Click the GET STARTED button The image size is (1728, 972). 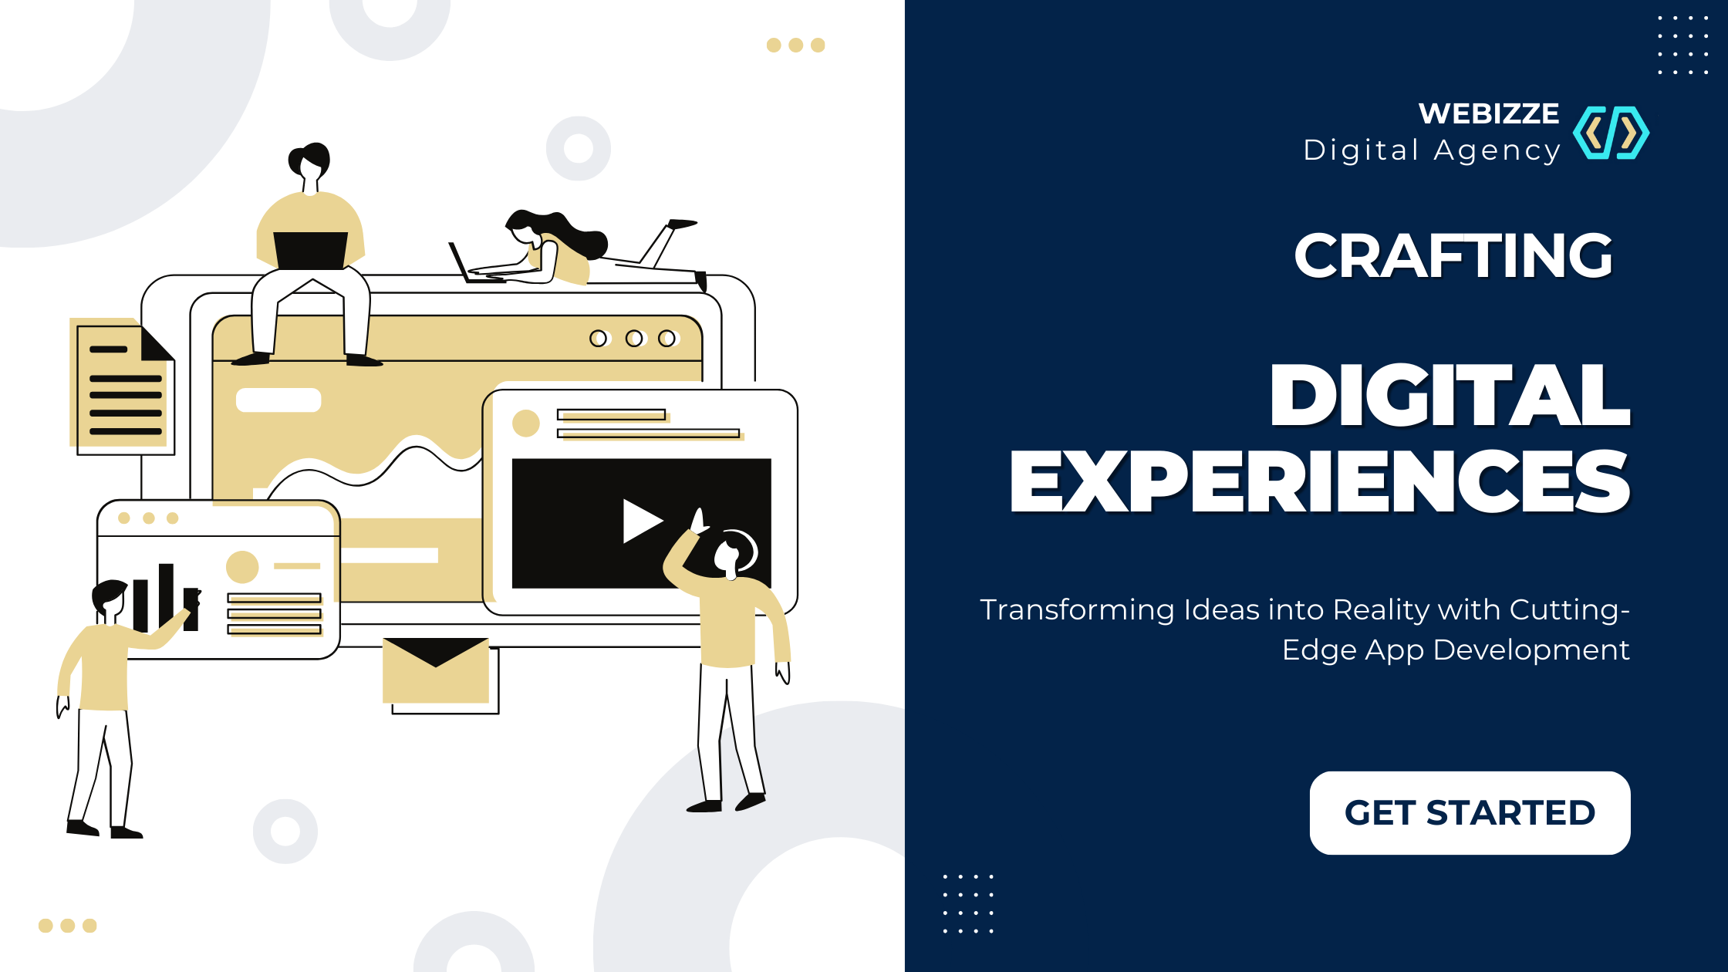[x=1470, y=812]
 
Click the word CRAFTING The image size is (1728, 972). [x=1453, y=255]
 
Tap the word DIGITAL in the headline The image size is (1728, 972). [x=1450, y=395]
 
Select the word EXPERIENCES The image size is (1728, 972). [x=1320, y=482]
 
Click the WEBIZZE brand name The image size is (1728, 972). [x=1489, y=113]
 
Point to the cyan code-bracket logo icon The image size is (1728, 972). [x=1612, y=133]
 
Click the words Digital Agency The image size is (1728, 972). [x=1432, y=150]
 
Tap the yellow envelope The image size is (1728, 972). [x=436, y=670]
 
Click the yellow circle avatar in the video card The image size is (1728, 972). [x=526, y=424]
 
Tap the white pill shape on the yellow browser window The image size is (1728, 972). [x=278, y=400]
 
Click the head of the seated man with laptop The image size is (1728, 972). [x=309, y=161]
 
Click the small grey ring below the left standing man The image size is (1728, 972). [x=285, y=831]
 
